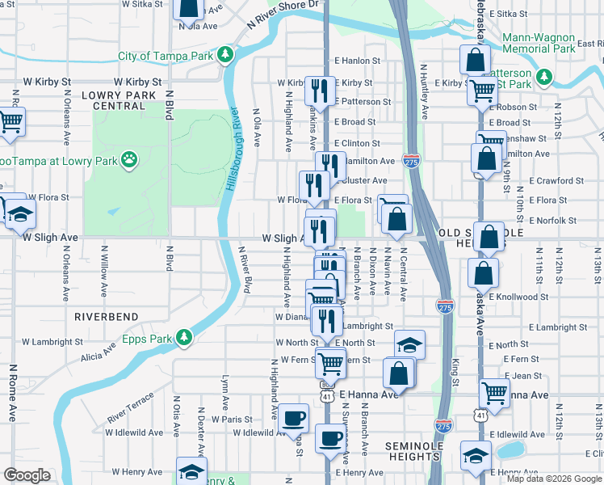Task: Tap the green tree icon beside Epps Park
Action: tap(185, 335)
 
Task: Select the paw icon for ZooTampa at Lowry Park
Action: tap(128, 160)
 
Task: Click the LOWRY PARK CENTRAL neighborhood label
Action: tap(119, 100)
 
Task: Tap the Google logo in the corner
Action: tap(27, 475)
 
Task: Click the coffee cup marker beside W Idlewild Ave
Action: tap(294, 418)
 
